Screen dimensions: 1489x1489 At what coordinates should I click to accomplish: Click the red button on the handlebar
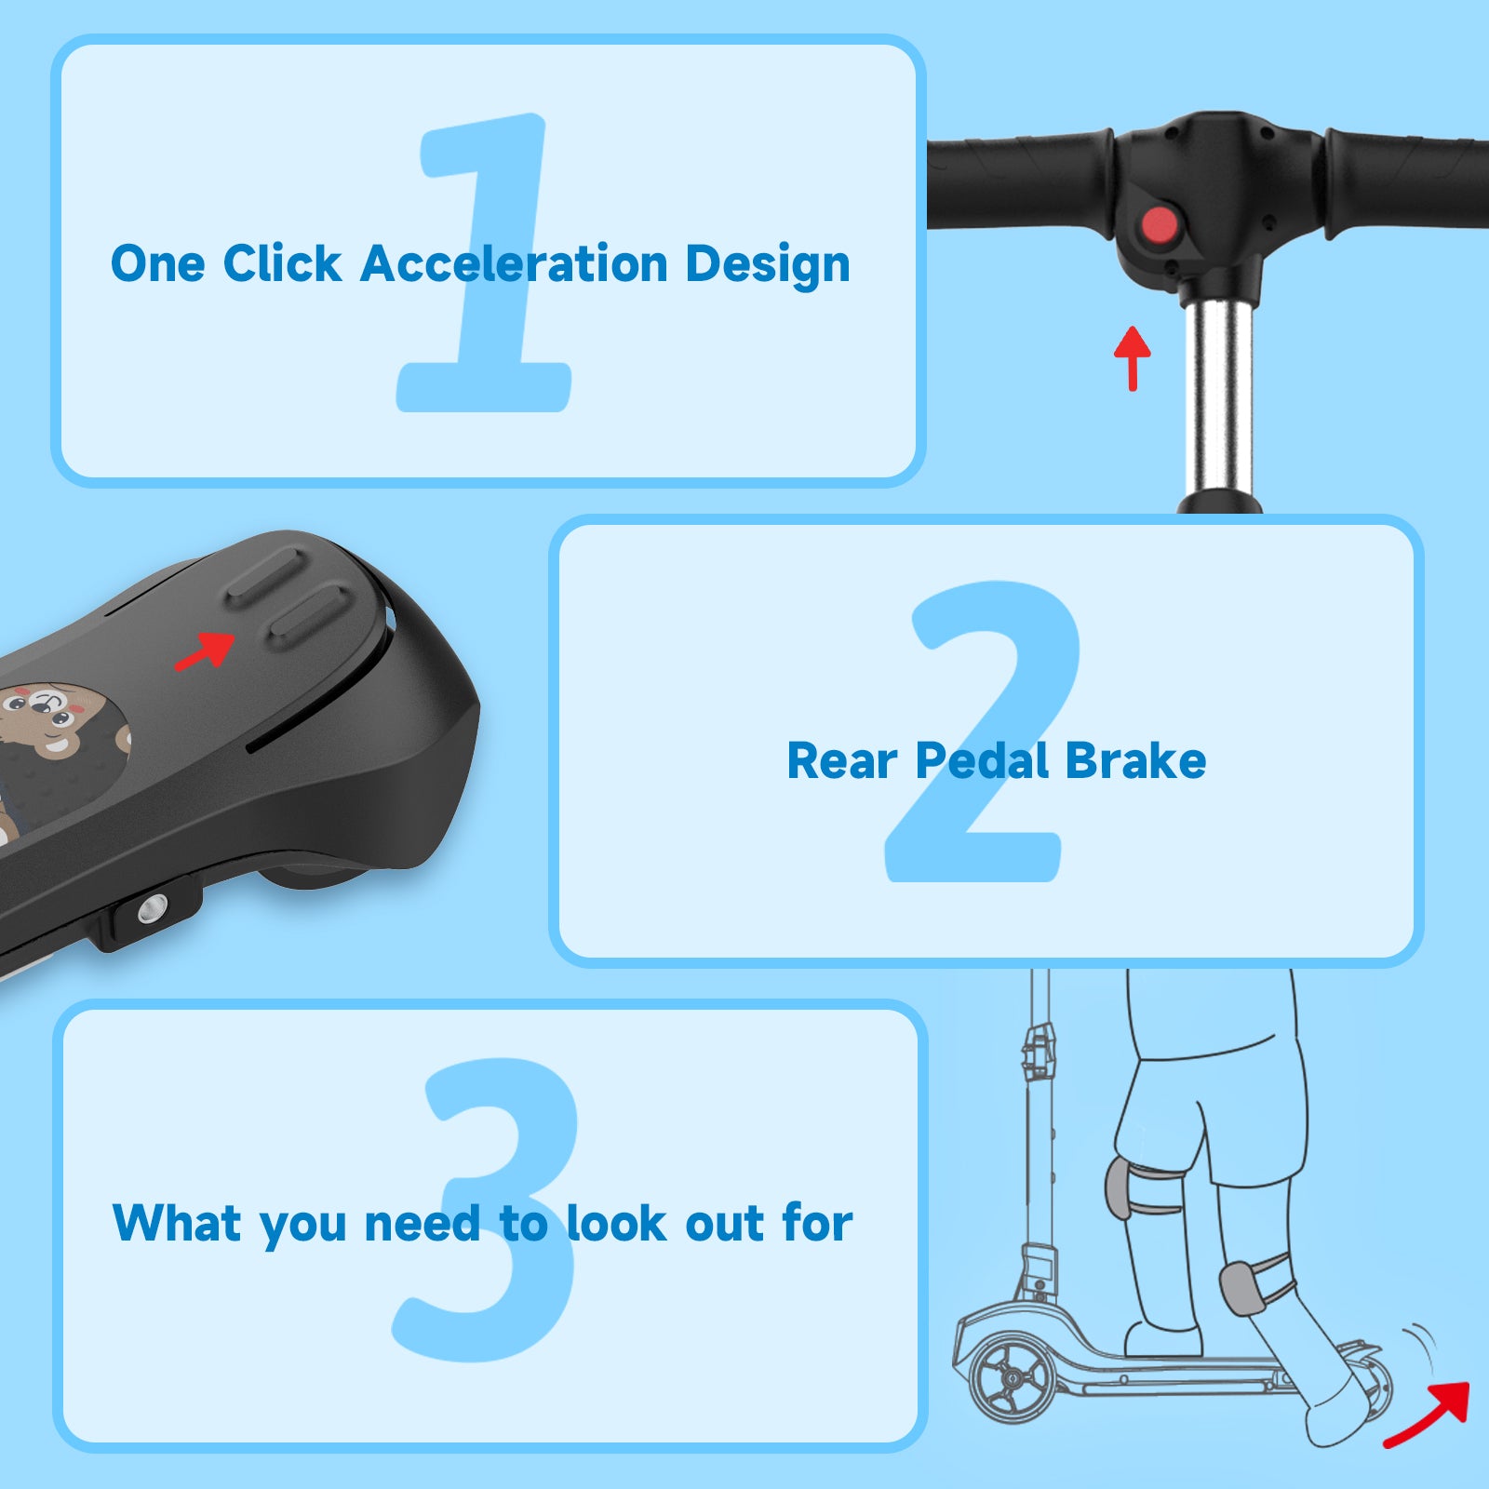[x=1160, y=225]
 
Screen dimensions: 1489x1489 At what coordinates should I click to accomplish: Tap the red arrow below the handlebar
[x=1133, y=358]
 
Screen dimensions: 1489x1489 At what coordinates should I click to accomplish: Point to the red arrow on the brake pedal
[x=206, y=650]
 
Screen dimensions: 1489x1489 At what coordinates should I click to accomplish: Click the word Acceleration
[x=514, y=263]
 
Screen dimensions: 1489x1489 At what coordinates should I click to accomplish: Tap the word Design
[x=768, y=265]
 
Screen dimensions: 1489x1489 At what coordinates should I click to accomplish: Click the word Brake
[x=1135, y=760]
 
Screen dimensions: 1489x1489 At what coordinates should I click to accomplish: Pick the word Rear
[x=843, y=761]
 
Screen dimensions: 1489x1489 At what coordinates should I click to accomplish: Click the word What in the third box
[x=177, y=1223]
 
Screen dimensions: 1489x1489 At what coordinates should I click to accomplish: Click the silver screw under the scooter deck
[x=152, y=908]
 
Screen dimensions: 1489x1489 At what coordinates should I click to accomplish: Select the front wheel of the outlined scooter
[x=1013, y=1379]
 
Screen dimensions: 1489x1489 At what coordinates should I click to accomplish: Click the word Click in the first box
[x=282, y=263]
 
